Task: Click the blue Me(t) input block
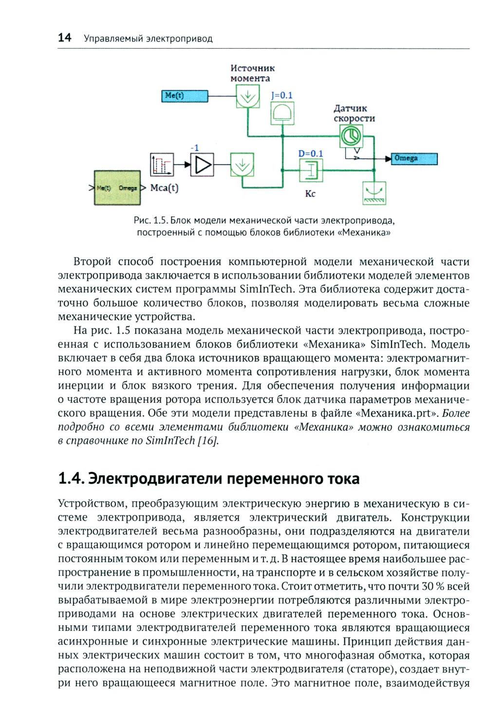[185, 96]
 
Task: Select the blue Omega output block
[414, 159]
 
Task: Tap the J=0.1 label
[282, 95]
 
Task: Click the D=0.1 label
[311, 153]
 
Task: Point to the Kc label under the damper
[310, 194]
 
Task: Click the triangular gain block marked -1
[202, 165]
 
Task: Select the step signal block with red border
[162, 165]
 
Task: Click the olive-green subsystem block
[117, 188]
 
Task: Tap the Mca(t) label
[165, 188]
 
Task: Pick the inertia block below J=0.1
[282, 114]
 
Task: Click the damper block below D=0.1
[311, 171]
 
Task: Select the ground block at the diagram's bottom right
[374, 193]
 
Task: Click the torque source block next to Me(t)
[248, 96]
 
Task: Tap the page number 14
[64, 38]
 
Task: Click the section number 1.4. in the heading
[71, 478]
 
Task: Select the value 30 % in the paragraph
[433, 586]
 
